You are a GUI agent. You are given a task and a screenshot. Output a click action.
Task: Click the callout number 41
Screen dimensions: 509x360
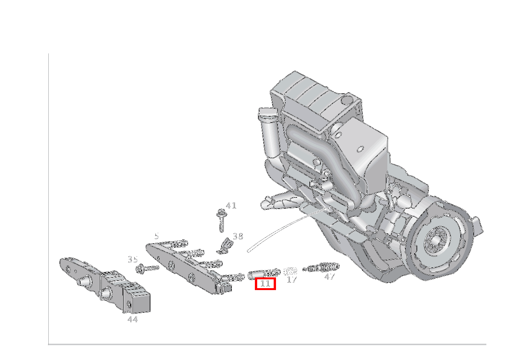coord(231,206)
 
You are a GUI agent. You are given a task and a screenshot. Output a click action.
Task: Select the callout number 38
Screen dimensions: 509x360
coord(238,237)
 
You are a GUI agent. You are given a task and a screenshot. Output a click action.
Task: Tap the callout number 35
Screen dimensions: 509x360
coord(133,259)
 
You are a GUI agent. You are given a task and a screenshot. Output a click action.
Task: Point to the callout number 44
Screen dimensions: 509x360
coord(133,319)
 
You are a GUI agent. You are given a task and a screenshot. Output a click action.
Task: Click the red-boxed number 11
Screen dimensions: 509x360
coord(265,284)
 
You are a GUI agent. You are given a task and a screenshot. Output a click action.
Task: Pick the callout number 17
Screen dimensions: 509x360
coord(292,279)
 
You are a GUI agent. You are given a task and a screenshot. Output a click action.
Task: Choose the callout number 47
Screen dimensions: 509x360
coord(329,277)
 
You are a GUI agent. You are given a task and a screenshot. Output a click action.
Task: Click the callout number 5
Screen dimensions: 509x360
coord(157,236)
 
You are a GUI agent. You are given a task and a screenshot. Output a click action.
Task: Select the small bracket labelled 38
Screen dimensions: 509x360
coord(225,246)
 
